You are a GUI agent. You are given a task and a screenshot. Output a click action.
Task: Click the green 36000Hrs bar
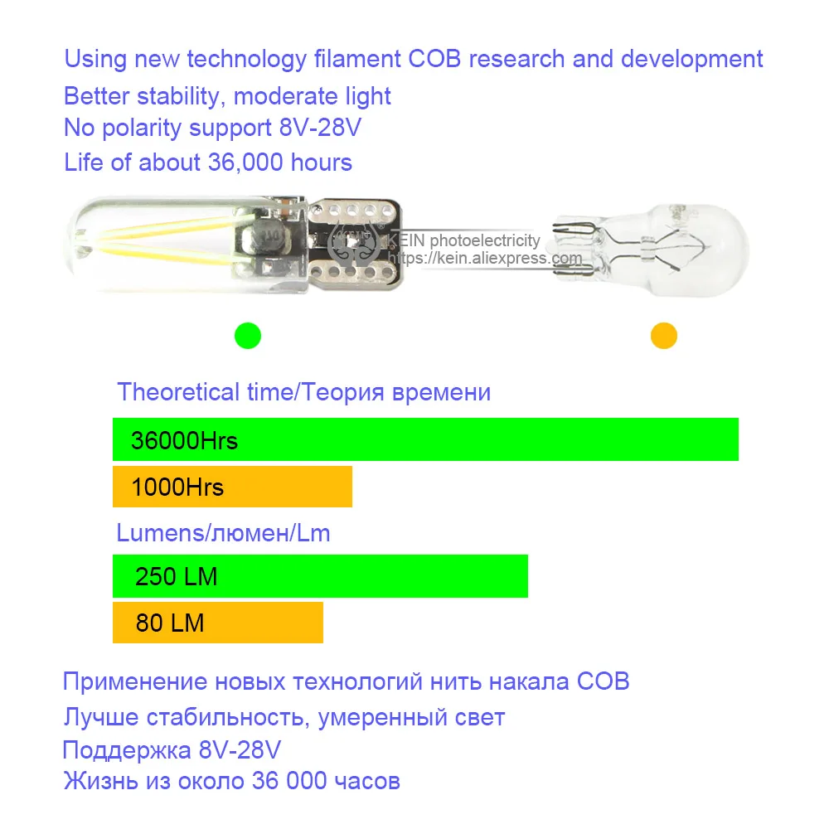tap(425, 439)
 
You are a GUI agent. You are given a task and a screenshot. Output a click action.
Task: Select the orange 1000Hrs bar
tap(233, 487)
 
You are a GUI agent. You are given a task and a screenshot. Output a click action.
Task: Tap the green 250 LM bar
tap(320, 576)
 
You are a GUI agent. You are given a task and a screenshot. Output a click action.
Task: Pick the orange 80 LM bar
tap(218, 623)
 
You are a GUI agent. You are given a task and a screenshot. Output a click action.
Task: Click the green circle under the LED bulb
tap(248, 336)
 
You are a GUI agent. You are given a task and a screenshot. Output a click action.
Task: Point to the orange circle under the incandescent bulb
tap(664, 336)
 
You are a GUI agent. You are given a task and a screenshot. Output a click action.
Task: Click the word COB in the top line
tap(434, 59)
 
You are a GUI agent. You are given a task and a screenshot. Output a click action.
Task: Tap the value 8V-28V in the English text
tap(320, 128)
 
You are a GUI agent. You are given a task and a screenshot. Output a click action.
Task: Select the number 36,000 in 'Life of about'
tap(245, 162)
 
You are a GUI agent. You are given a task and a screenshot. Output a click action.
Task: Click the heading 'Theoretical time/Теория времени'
tap(304, 392)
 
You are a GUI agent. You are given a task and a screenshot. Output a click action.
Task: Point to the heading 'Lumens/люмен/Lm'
tap(223, 533)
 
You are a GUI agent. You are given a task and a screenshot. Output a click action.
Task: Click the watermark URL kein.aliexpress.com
tap(485, 258)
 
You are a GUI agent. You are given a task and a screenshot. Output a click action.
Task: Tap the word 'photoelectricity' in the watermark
tap(485, 240)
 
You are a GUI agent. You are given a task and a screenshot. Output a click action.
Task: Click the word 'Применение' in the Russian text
tap(135, 682)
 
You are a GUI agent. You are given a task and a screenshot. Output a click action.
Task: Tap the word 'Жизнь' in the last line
tap(101, 781)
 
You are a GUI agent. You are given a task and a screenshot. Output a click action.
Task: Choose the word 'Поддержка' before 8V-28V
tap(127, 750)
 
